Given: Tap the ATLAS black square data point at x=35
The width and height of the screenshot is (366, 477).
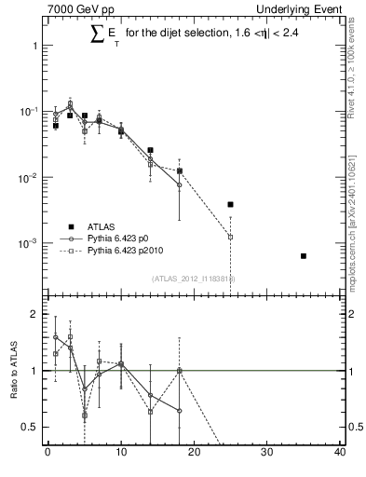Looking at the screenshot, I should click(304, 255).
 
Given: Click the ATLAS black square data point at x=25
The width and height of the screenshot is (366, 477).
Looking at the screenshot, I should click(230, 204).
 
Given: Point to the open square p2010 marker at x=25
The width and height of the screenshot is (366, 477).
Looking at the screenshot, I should click(230, 237).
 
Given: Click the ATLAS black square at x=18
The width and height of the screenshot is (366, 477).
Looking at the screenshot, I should click(179, 170).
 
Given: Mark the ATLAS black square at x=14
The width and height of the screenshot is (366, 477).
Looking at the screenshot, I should click(150, 150).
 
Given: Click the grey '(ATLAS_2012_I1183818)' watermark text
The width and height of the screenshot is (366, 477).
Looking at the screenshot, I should click(194, 278).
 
